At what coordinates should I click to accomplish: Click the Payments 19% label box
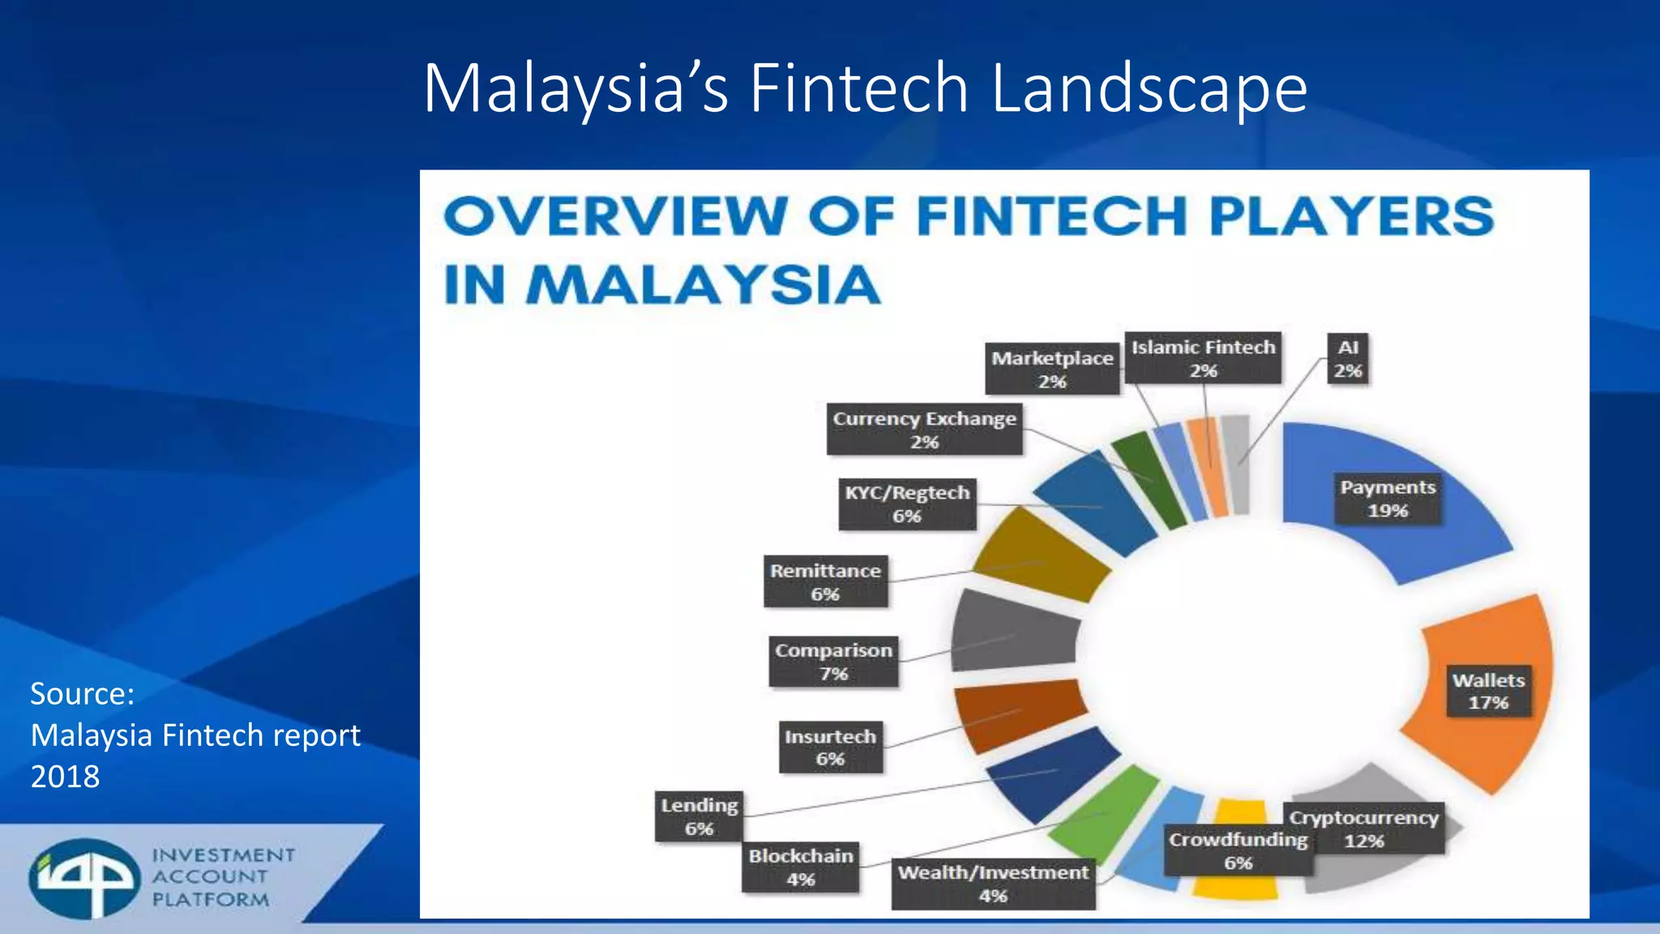click(1388, 499)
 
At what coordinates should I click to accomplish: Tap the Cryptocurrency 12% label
click(1363, 829)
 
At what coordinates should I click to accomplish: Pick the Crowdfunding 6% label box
click(1238, 850)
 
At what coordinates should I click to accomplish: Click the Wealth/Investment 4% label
click(993, 884)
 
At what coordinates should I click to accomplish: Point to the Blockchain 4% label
click(801, 867)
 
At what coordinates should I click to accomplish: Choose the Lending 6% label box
click(699, 816)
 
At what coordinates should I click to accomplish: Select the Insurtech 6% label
click(830, 747)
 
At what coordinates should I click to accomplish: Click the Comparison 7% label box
click(833, 662)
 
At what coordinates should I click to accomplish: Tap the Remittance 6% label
click(825, 581)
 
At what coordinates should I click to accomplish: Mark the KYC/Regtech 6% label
click(907, 503)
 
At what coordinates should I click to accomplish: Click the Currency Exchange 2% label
click(924, 430)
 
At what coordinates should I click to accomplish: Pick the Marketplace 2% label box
click(1052, 369)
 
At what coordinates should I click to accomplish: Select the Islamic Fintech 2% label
click(1203, 358)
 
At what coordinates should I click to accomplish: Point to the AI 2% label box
click(1348, 358)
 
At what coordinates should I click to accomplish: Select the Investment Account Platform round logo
click(84, 878)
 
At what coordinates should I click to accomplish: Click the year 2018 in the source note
click(65, 777)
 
